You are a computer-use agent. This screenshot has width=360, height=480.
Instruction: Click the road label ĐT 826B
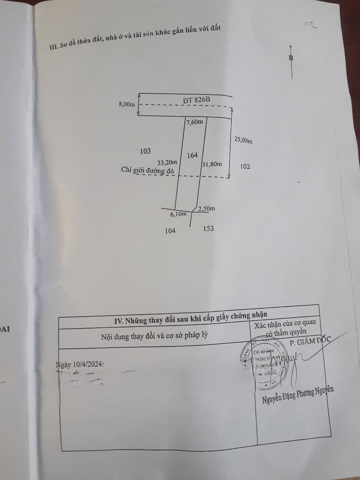tap(196, 100)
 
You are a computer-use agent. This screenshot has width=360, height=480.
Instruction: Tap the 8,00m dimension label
tap(127, 104)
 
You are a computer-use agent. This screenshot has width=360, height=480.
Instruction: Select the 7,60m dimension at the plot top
tap(195, 122)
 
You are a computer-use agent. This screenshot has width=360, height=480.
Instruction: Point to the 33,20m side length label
tap(167, 163)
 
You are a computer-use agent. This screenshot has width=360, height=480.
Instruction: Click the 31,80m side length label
tap(212, 164)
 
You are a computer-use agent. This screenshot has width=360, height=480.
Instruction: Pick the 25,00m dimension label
tap(243, 140)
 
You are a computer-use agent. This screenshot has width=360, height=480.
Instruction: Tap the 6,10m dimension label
tap(178, 214)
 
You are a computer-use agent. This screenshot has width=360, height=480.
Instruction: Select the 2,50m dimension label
tap(207, 209)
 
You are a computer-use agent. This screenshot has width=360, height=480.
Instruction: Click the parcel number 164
tap(192, 155)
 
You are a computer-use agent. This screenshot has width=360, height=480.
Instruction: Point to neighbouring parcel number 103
tap(145, 151)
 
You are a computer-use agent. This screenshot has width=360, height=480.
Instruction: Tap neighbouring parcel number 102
tap(245, 166)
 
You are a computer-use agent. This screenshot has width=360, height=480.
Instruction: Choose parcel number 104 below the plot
tap(170, 231)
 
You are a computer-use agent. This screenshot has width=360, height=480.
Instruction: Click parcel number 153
tap(208, 228)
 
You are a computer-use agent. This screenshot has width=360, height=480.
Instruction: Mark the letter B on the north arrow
tap(291, 58)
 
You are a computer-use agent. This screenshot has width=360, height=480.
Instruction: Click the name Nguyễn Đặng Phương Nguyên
tap(298, 395)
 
